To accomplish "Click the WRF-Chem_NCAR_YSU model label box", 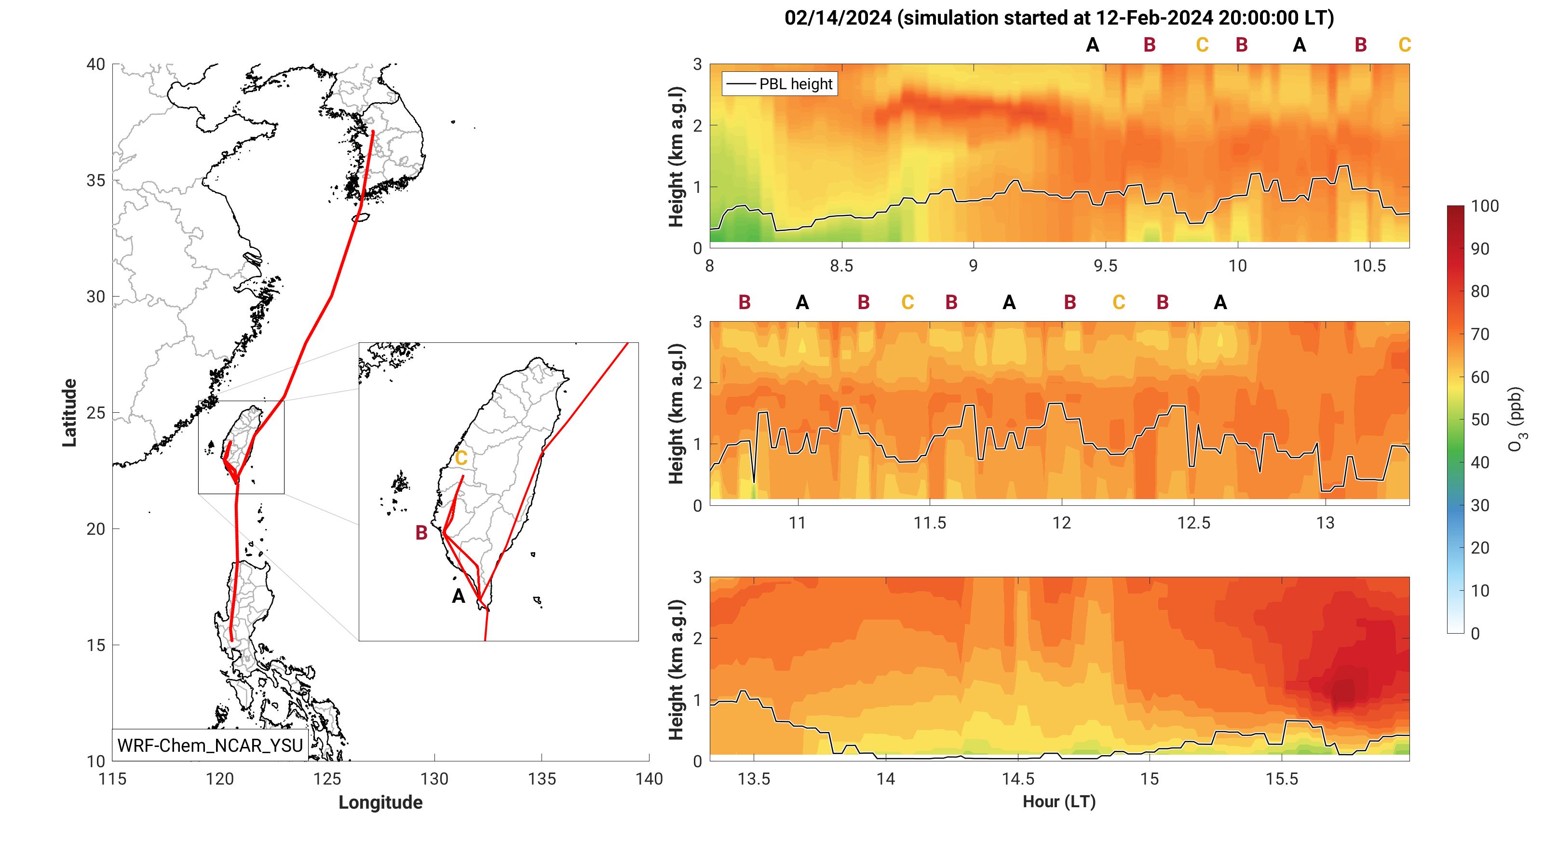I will (210, 745).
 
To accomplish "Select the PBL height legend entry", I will (780, 84).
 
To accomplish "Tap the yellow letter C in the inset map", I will (461, 458).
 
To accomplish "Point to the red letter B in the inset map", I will (421, 532).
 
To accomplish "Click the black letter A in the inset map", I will (458, 596).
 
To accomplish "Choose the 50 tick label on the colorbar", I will (1480, 420).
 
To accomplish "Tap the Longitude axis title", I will (380, 802).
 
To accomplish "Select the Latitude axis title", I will (69, 413).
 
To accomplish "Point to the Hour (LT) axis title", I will (1059, 801).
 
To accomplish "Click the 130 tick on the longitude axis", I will (434, 778).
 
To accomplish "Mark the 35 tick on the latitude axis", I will (96, 181).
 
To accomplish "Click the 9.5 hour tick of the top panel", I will (1106, 266).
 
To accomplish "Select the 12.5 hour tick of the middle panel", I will (1194, 523).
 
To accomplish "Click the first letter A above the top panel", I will (1092, 45).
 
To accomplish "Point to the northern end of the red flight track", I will (373, 131).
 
